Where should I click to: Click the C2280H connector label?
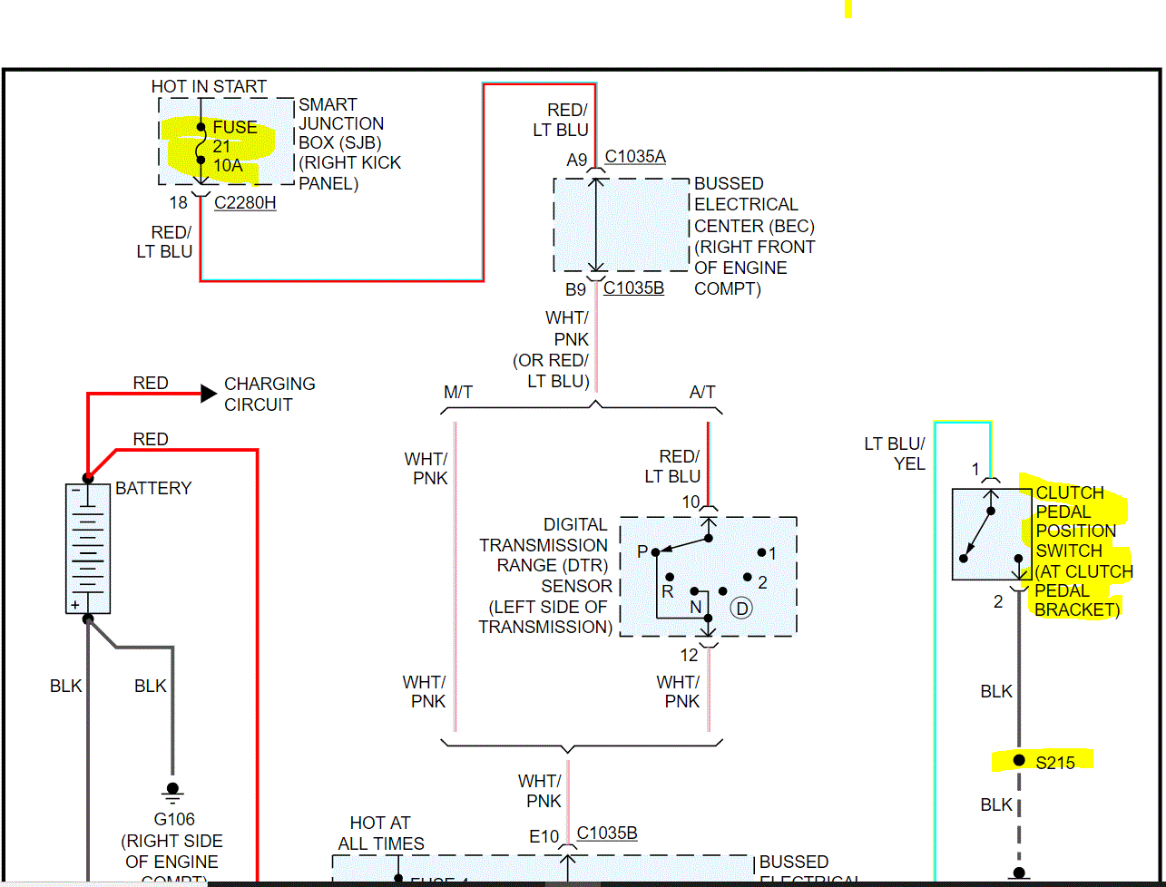[245, 203]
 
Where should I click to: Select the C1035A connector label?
[635, 157]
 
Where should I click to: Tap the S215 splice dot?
[1019, 761]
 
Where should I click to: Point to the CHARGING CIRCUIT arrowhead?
[208, 394]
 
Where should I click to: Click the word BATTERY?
[153, 488]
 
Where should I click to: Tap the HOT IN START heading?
[209, 86]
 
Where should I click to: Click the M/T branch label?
[458, 393]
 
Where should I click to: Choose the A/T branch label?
[702, 393]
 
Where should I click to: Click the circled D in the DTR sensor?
[742, 608]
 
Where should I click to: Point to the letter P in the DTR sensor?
[642, 552]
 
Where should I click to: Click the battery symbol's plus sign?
[75, 604]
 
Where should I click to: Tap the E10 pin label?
[544, 836]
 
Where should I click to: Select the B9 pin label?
[576, 290]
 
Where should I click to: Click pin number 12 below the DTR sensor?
[690, 655]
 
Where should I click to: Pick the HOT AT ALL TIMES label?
[380, 833]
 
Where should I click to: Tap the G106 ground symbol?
[172, 791]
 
